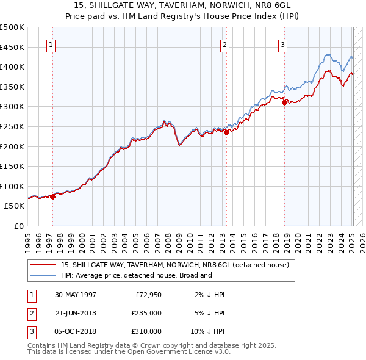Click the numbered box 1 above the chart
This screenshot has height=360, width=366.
point(51,44)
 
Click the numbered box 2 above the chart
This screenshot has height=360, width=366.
point(224,44)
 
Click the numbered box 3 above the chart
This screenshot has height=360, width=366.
point(283,44)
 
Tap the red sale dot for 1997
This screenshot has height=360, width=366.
point(53,196)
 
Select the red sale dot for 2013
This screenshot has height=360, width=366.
point(226,132)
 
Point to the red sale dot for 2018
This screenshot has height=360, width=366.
point(284,103)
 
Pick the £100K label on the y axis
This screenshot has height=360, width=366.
point(13,186)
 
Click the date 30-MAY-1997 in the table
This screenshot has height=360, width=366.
point(76,295)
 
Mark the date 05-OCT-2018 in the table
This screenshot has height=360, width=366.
point(76,331)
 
